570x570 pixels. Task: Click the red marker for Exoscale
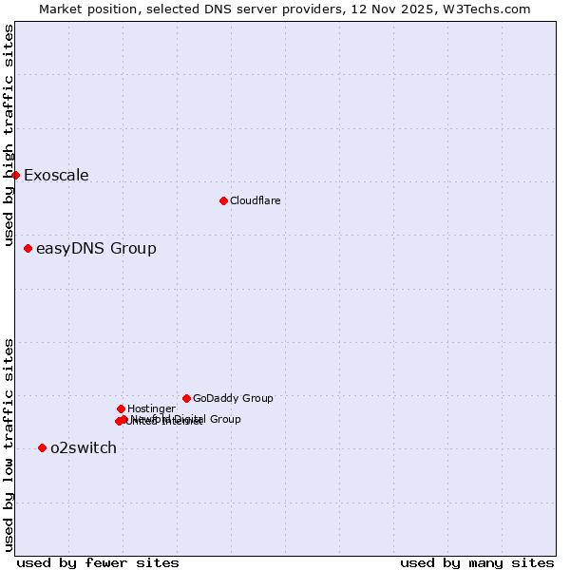click(x=15, y=175)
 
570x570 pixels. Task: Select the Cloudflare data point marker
click(x=223, y=200)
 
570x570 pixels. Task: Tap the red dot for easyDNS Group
click(x=28, y=249)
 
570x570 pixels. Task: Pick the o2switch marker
click(x=42, y=447)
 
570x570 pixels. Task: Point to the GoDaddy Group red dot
click(x=186, y=398)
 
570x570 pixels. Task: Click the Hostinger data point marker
click(x=121, y=408)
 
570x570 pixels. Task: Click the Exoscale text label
click(x=56, y=175)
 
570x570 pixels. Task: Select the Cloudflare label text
click(x=255, y=200)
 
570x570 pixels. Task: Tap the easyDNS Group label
click(x=96, y=249)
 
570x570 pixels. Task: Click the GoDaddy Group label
click(x=233, y=398)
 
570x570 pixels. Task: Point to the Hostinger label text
click(x=151, y=408)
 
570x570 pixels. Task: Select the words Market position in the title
click(x=84, y=9)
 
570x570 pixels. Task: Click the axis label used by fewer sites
click(x=98, y=562)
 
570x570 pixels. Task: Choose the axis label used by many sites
click(x=477, y=562)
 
